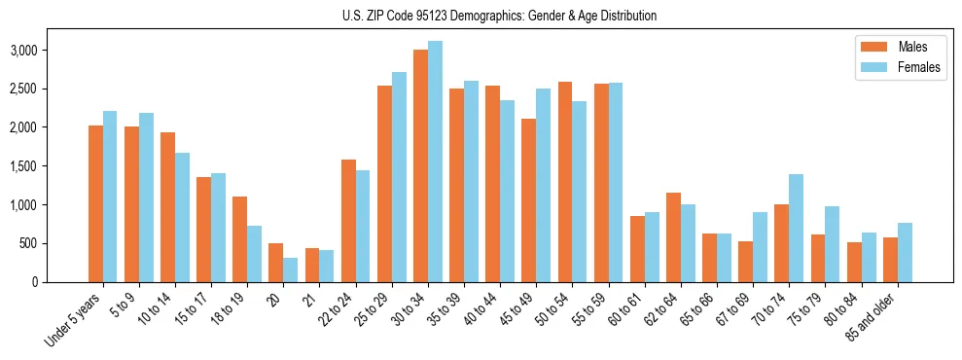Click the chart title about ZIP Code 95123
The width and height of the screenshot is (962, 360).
[x=500, y=16]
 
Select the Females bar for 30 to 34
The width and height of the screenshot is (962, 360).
[x=436, y=162]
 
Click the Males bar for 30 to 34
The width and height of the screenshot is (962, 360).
[x=420, y=165]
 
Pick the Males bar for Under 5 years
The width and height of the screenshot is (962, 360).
[x=95, y=203]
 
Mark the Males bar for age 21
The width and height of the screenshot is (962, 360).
[x=312, y=265]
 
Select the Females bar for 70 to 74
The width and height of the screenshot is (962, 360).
[x=797, y=228]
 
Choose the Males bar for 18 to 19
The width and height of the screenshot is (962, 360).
[x=240, y=239]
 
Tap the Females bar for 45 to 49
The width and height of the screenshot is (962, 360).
[x=544, y=185]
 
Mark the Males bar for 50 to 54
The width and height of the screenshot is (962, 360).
[x=565, y=182]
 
